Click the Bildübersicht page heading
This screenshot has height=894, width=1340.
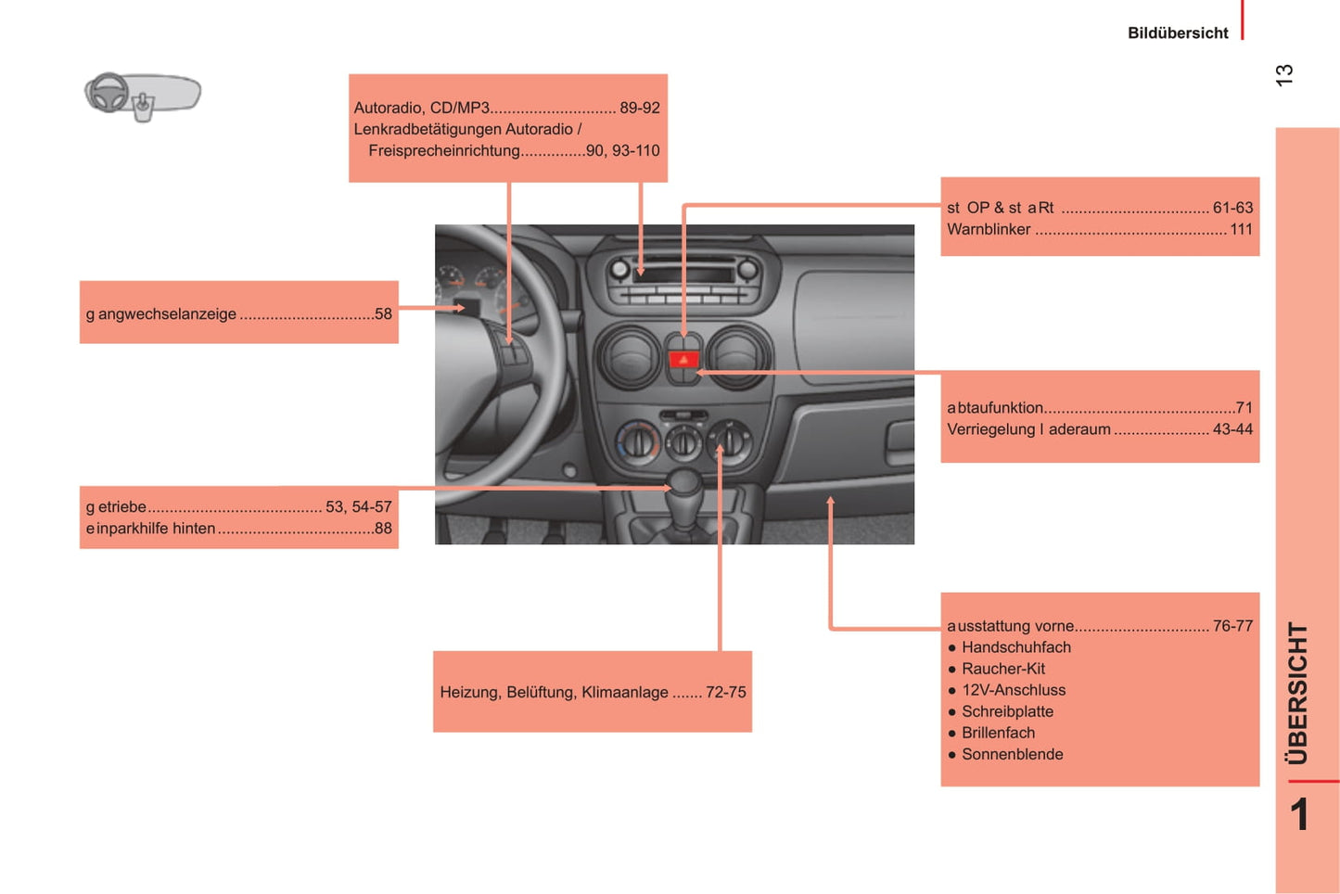click(x=1178, y=32)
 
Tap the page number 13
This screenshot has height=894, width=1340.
click(x=1283, y=75)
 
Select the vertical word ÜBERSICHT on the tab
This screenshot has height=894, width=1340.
click(x=1297, y=694)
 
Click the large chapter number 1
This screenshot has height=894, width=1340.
click(x=1299, y=814)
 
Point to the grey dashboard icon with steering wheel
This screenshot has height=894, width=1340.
click(x=143, y=96)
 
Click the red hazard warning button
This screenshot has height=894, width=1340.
click(x=683, y=360)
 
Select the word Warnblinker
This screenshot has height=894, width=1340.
click(x=989, y=229)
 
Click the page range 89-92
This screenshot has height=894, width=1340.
click(x=640, y=108)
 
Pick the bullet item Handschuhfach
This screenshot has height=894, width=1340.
click(x=1016, y=647)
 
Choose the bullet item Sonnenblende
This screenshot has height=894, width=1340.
click(x=1012, y=755)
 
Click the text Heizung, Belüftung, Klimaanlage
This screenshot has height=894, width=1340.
click(x=554, y=693)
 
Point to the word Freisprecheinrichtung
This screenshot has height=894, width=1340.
click(x=444, y=151)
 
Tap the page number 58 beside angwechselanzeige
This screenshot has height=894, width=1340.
click(x=383, y=314)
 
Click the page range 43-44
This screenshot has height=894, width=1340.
click(x=1232, y=429)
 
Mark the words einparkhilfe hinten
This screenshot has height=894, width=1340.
click(x=150, y=529)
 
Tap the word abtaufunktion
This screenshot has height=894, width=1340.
click(x=995, y=408)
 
